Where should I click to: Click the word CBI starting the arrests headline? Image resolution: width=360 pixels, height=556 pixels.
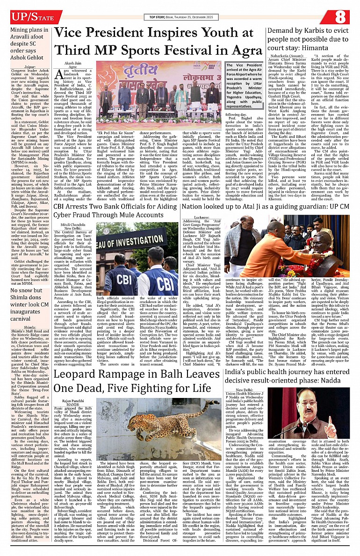tap(62, 206)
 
